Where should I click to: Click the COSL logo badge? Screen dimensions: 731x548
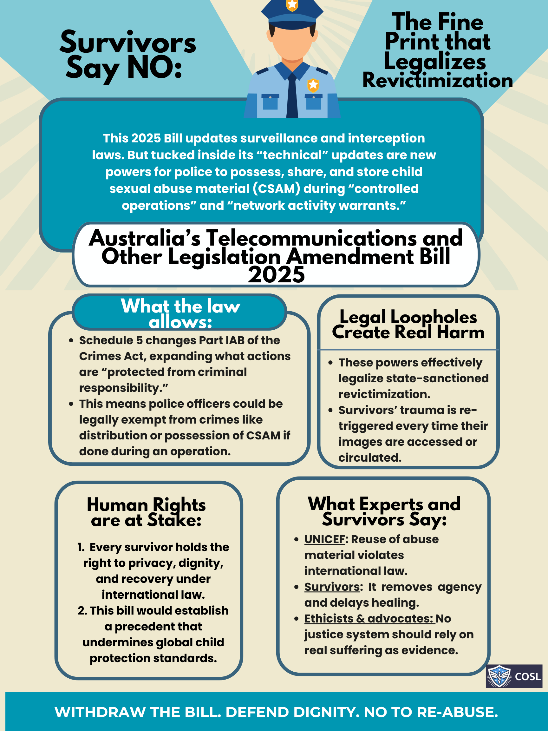pyautogui.click(x=514, y=676)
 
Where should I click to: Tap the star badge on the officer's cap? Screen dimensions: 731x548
pyautogui.click(x=292, y=5)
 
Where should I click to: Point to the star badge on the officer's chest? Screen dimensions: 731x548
pyautogui.click(x=313, y=85)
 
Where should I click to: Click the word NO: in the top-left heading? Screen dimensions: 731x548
pyautogui.click(x=154, y=68)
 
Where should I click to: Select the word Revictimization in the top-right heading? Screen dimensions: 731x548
pyautogui.click(x=437, y=81)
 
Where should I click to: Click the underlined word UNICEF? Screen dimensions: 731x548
pyautogui.click(x=325, y=539)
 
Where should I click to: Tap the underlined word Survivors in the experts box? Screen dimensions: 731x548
pyautogui.click(x=332, y=587)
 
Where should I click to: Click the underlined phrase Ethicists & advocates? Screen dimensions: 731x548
pyautogui.click(x=369, y=618)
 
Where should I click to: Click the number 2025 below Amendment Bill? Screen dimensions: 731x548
pyautogui.click(x=276, y=275)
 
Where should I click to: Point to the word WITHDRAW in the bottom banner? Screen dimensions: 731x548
pyautogui.click(x=100, y=712)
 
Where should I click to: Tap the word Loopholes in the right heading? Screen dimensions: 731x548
pyautogui.click(x=434, y=317)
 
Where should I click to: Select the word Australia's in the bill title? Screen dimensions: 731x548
pyautogui.click(x=145, y=238)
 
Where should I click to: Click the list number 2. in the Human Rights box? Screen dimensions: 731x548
pyautogui.click(x=82, y=610)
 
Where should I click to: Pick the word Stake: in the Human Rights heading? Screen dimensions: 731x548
pyautogui.click(x=174, y=521)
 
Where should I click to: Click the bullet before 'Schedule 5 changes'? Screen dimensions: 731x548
pyautogui.click(x=71, y=340)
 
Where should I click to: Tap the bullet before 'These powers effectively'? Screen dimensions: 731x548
pyautogui.click(x=330, y=363)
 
